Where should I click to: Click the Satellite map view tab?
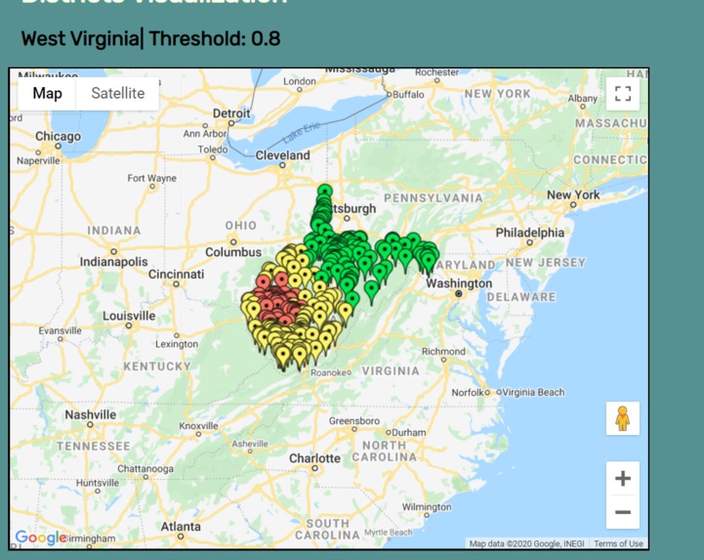(x=117, y=94)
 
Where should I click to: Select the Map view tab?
(x=47, y=94)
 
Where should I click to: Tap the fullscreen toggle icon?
(x=622, y=94)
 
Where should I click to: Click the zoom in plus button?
(x=622, y=478)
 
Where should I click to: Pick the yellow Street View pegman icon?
(x=622, y=418)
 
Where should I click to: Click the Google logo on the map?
(x=40, y=537)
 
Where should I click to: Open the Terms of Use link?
(x=618, y=543)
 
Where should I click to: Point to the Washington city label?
(x=459, y=283)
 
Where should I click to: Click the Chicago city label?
(x=59, y=137)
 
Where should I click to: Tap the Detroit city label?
(x=231, y=113)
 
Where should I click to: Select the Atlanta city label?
(x=181, y=527)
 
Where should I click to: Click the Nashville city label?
(x=90, y=414)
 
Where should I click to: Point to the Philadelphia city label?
(x=529, y=233)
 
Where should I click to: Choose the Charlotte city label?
(x=314, y=457)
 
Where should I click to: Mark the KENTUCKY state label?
(x=156, y=366)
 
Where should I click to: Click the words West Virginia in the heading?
(x=81, y=39)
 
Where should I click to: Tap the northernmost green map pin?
(x=324, y=191)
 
